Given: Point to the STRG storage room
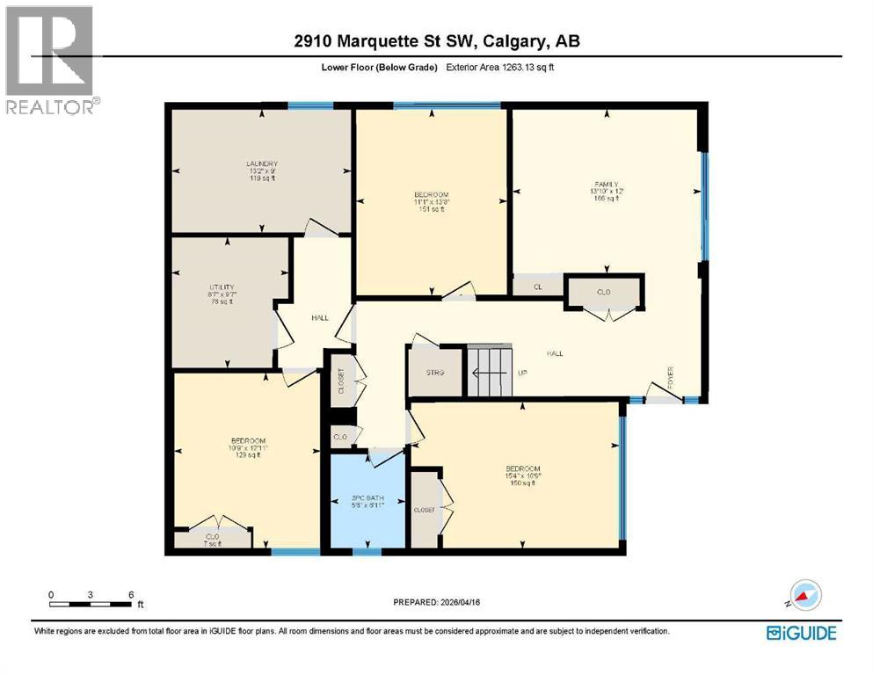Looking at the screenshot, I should pos(436,374).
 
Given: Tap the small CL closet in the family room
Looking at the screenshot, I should pos(537,287).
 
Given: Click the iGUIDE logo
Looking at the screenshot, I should pos(801,633).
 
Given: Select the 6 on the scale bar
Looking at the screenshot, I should pos(130,593).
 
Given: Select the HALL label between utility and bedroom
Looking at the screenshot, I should pos(319,317).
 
